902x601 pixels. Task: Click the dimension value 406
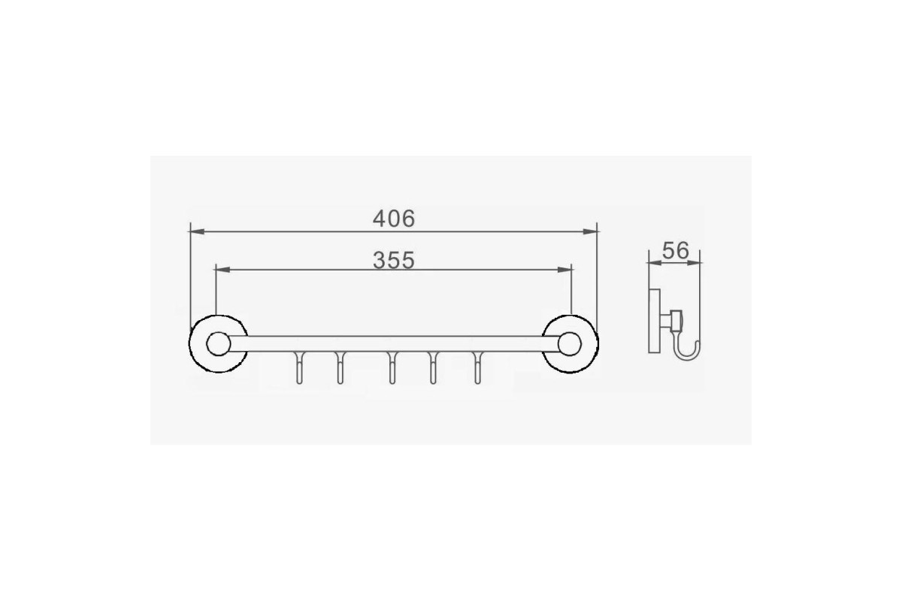pos(393,219)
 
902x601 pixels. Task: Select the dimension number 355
pos(393,260)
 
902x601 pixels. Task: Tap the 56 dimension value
pos(675,251)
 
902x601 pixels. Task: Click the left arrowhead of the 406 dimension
pos(197,231)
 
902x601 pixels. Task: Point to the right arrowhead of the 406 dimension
pos(590,231)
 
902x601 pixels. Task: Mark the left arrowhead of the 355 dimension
pos(223,269)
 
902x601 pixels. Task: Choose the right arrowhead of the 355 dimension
pos(565,269)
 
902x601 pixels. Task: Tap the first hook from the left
pos(299,368)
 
